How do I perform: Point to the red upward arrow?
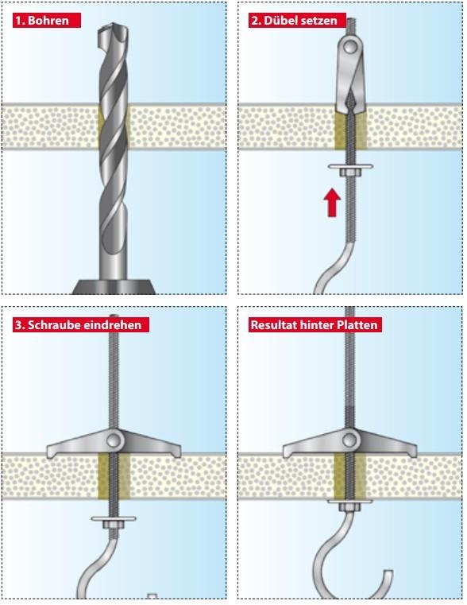pyautogui.click(x=332, y=202)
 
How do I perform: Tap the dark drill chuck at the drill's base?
pyautogui.click(x=114, y=287)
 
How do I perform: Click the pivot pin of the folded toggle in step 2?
pyautogui.click(x=350, y=48)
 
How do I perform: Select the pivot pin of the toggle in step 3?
pyautogui.click(x=114, y=440)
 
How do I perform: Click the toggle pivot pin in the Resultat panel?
pyautogui.click(x=349, y=440)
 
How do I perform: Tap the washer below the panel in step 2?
pyautogui.click(x=350, y=167)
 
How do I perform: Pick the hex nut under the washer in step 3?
pyautogui.click(x=114, y=525)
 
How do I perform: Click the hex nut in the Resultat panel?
pyautogui.click(x=349, y=507)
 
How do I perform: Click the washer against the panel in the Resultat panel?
pyautogui.click(x=350, y=501)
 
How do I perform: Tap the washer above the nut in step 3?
pyautogui.click(x=114, y=518)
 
